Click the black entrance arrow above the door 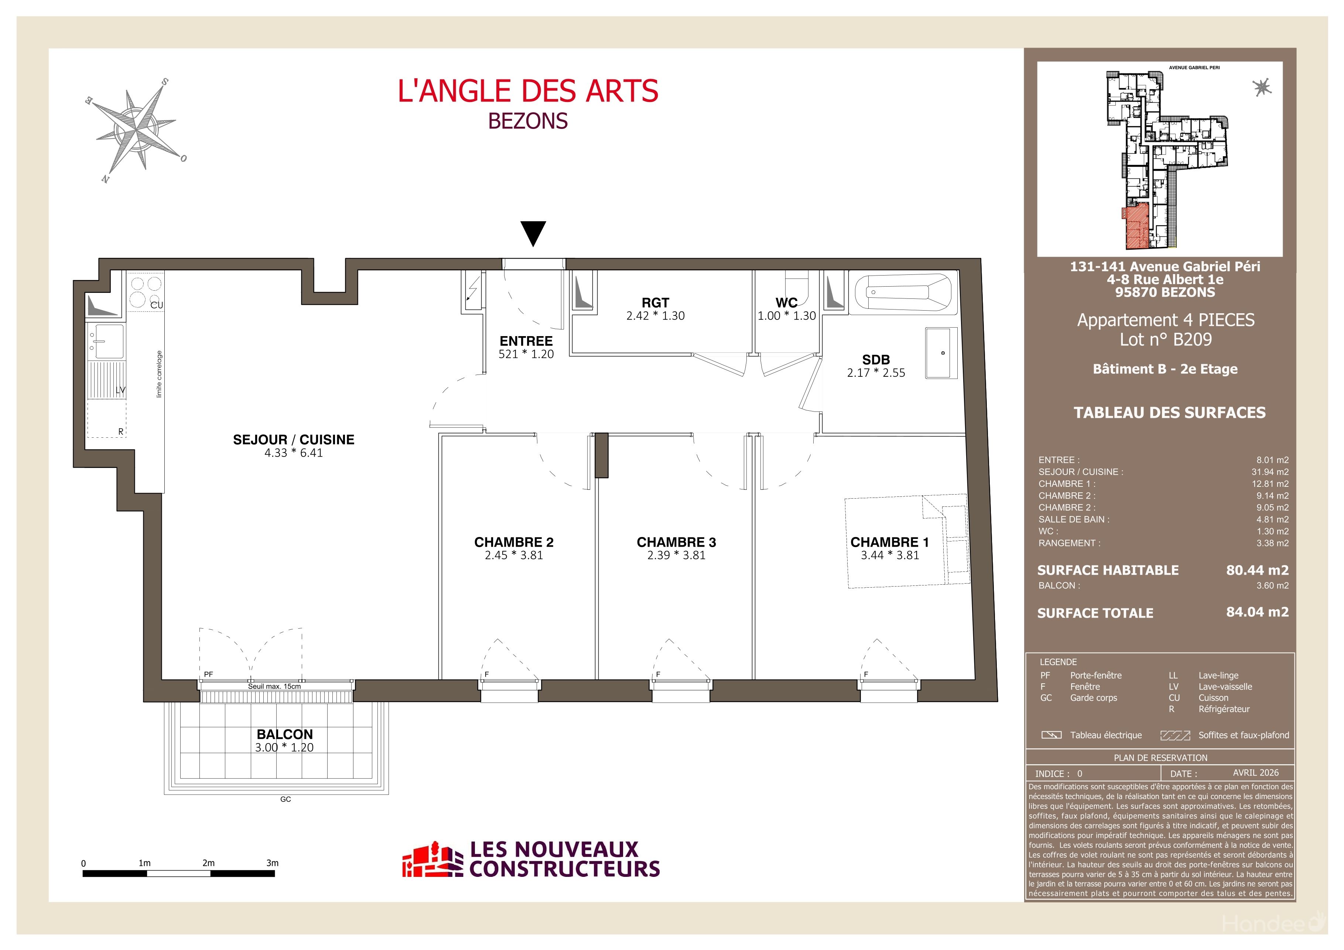533,233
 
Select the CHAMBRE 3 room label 676,542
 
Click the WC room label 786,303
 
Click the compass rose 136,130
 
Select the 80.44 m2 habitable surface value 1257,570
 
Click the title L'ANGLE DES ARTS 528,91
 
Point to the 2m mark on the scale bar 208,863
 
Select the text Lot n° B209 1166,339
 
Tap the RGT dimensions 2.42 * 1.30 655,315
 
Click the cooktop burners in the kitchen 146,291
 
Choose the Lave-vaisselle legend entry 1225,687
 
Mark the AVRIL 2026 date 1256,773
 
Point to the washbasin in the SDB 941,353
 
